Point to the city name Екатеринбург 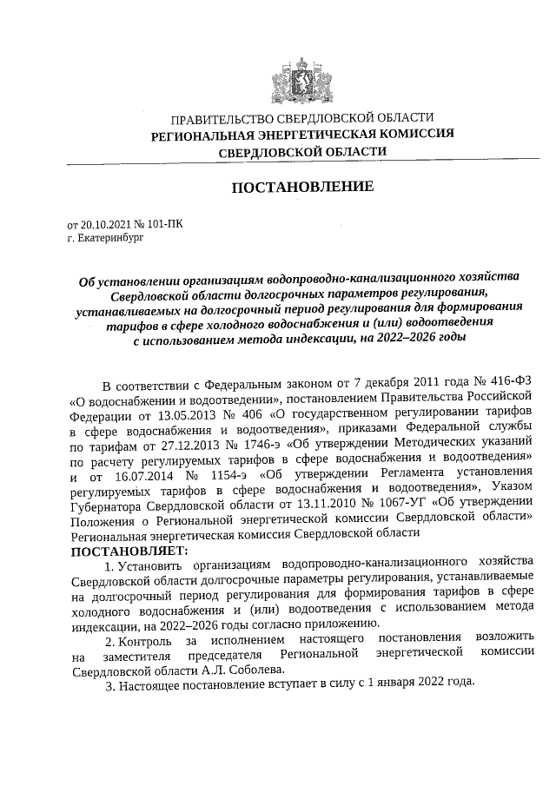[x=109, y=235]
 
